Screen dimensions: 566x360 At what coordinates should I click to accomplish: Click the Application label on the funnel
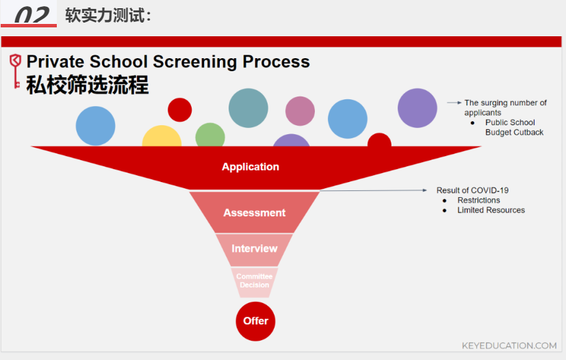coord(250,167)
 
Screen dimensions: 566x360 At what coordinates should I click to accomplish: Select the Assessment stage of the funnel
coord(255,212)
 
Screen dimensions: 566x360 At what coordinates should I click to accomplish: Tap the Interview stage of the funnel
coord(255,250)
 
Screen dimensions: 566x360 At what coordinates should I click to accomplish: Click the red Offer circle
coord(255,321)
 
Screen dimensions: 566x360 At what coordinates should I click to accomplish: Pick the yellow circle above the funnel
coord(162,136)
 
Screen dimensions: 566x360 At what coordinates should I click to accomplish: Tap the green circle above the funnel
coord(210,135)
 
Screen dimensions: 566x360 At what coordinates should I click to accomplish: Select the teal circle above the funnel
coord(248,108)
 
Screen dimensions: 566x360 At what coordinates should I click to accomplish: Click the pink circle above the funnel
coord(300,111)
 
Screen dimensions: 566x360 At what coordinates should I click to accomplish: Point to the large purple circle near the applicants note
coord(417,108)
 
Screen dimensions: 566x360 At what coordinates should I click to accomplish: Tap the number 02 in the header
coord(31,15)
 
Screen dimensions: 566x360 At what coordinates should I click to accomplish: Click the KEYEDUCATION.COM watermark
coord(509,346)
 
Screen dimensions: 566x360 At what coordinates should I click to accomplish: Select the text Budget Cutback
coord(514,133)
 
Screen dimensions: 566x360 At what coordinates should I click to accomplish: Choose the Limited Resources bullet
coord(491,210)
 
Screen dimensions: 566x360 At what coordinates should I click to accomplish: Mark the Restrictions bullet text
coord(478,201)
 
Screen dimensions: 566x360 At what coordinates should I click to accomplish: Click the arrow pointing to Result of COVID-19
coord(373,190)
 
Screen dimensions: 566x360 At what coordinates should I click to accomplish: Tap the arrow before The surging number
coord(454,103)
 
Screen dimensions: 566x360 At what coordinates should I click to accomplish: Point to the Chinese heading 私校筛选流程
coord(88,86)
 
